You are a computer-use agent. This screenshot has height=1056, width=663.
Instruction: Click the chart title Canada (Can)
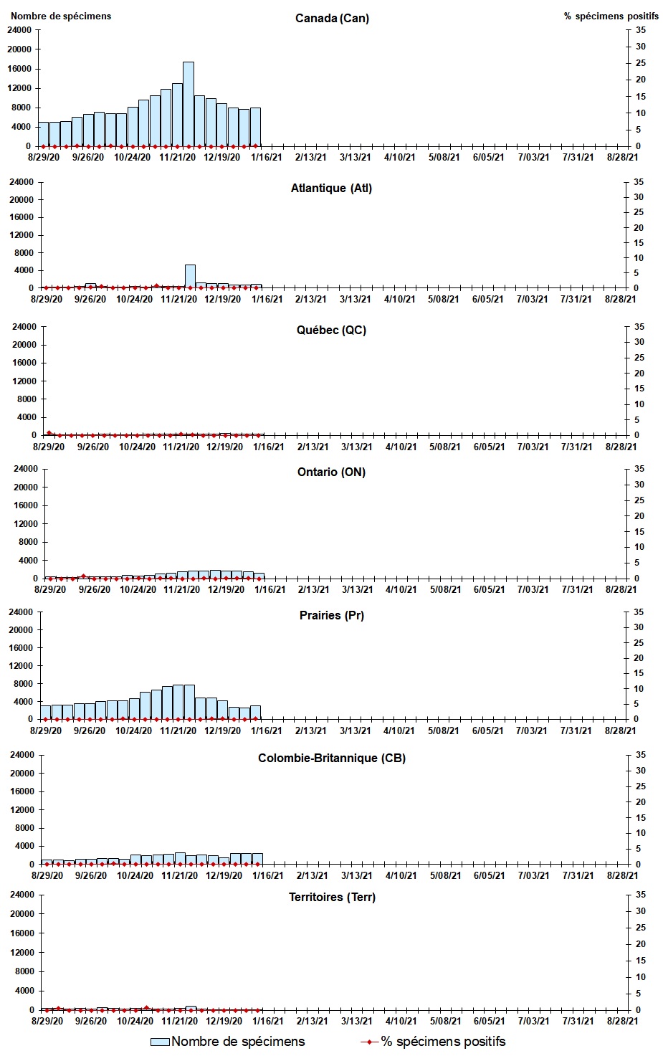click(x=332, y=18)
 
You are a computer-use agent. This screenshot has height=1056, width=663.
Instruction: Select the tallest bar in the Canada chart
click(x=189, y=104)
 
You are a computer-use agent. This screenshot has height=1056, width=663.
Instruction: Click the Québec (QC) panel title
click(x=331, y=330)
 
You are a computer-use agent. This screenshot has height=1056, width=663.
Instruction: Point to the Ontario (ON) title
click(x=331, y=472)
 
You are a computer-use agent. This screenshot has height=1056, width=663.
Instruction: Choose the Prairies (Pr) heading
click(x=331, y=615)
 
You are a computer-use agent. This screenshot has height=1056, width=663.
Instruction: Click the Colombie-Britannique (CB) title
click(x=331, y=758)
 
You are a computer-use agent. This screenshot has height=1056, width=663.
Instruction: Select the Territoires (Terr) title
click(x=331, y=897)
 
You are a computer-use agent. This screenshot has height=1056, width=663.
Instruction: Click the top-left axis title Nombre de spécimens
click(x=61, y=16)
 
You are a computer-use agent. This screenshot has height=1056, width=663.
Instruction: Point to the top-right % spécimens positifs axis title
click(x=611, y=16)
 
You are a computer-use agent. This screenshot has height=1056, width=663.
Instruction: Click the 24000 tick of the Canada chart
click(x=19, y=30)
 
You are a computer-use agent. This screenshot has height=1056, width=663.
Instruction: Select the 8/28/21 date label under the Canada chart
click(x=621, y=158)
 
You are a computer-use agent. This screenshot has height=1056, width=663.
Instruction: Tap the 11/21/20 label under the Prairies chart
click(x=178, y=731)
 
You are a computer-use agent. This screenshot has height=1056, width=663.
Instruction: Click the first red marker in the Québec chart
click(x=49, y=433)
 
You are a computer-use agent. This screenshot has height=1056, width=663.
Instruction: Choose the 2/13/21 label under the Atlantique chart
click(x=311, y=299)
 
